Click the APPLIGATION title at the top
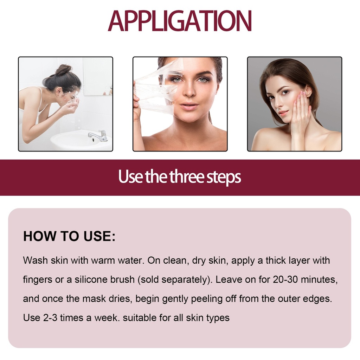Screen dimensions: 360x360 pos(180,21)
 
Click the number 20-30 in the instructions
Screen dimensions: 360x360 pos(285,279)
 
